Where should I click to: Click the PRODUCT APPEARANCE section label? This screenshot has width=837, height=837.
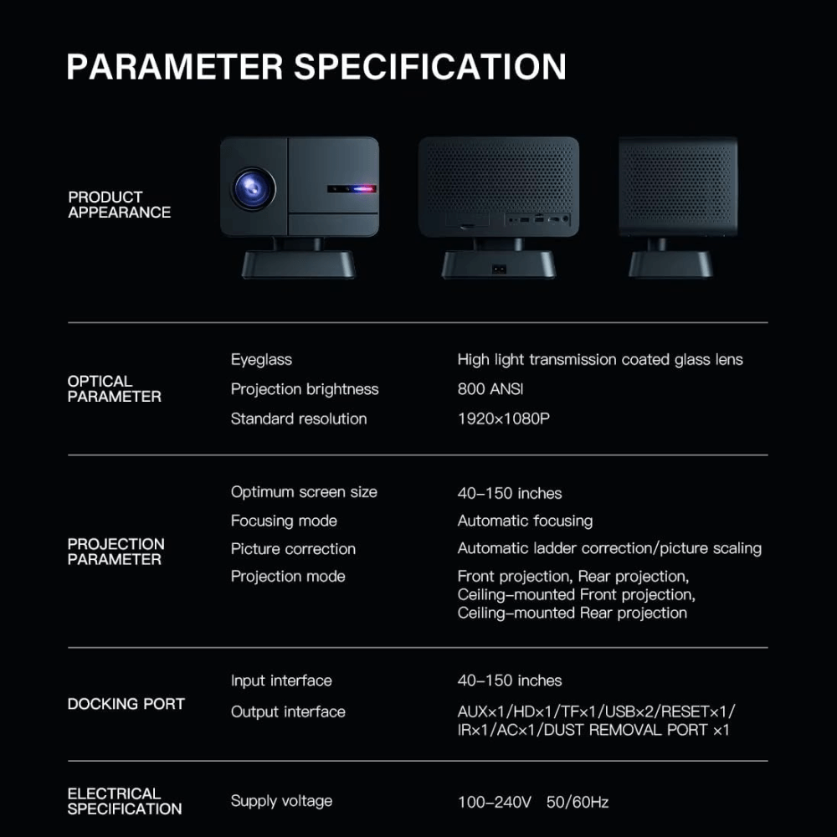pos(119,205)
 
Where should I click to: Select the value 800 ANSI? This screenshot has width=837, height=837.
pos(490,389)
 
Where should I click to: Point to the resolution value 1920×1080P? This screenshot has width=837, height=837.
pos(503,418)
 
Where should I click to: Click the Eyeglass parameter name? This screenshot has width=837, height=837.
pos(261,360)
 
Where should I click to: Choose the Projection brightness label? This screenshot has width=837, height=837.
pos(305,389)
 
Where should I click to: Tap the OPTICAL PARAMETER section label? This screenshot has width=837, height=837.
pos(115,389)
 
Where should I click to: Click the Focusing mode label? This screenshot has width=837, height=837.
pos(284,521)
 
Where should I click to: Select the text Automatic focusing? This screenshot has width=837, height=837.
pos(525,521)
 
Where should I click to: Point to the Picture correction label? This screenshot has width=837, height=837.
pos(293,549)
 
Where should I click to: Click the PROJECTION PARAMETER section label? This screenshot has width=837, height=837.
pos(116,552)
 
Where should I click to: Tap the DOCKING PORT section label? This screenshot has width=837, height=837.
pos(126,704)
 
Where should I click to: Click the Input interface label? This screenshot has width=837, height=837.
pos(281,680)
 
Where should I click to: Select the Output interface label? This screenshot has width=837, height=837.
pos(288,711)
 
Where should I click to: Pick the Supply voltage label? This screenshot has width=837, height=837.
pos(281,801)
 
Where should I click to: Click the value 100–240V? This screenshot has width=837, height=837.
pos(494,802)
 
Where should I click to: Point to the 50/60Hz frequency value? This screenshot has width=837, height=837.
pos(578,802)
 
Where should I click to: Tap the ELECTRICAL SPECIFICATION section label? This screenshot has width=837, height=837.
pos(124,801)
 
